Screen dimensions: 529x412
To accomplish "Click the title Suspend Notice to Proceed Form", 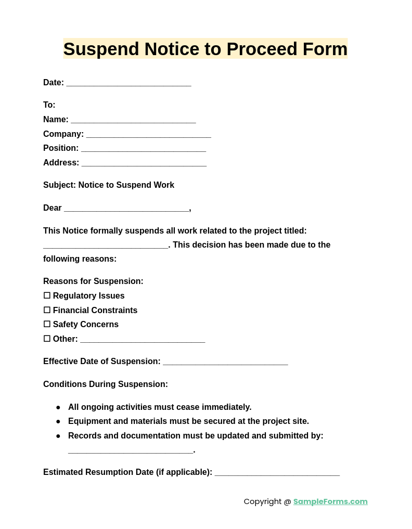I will [205, 49].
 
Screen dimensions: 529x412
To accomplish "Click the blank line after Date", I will [128, 83].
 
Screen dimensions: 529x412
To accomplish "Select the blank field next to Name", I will [133, 120].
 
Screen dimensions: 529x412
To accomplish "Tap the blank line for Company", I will [148, 135].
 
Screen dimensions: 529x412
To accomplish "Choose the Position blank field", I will [144, 149].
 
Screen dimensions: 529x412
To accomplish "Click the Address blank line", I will [144, 163].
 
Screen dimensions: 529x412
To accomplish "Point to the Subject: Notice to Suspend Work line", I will [109, 185].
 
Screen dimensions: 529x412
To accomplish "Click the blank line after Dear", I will [126, 209].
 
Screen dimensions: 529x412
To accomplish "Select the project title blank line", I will [106, 246].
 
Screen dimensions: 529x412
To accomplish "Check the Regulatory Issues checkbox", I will [47, 295].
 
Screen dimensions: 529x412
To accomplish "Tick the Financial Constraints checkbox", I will [47, 310].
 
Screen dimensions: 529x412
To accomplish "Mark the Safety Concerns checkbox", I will [47, 324].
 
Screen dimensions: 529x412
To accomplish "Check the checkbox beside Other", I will [47, 339].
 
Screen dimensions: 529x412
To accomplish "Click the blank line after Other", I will [143, 340].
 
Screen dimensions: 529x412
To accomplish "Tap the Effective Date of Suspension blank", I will [225, 362].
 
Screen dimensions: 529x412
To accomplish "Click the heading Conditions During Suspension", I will [106, 384].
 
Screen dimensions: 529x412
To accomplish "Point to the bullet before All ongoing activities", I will [58, 407].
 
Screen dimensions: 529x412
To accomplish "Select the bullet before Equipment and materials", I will [58, 421].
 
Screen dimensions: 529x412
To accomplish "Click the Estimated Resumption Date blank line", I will [277, 473].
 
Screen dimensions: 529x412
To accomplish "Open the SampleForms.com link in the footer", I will [330, 501].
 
